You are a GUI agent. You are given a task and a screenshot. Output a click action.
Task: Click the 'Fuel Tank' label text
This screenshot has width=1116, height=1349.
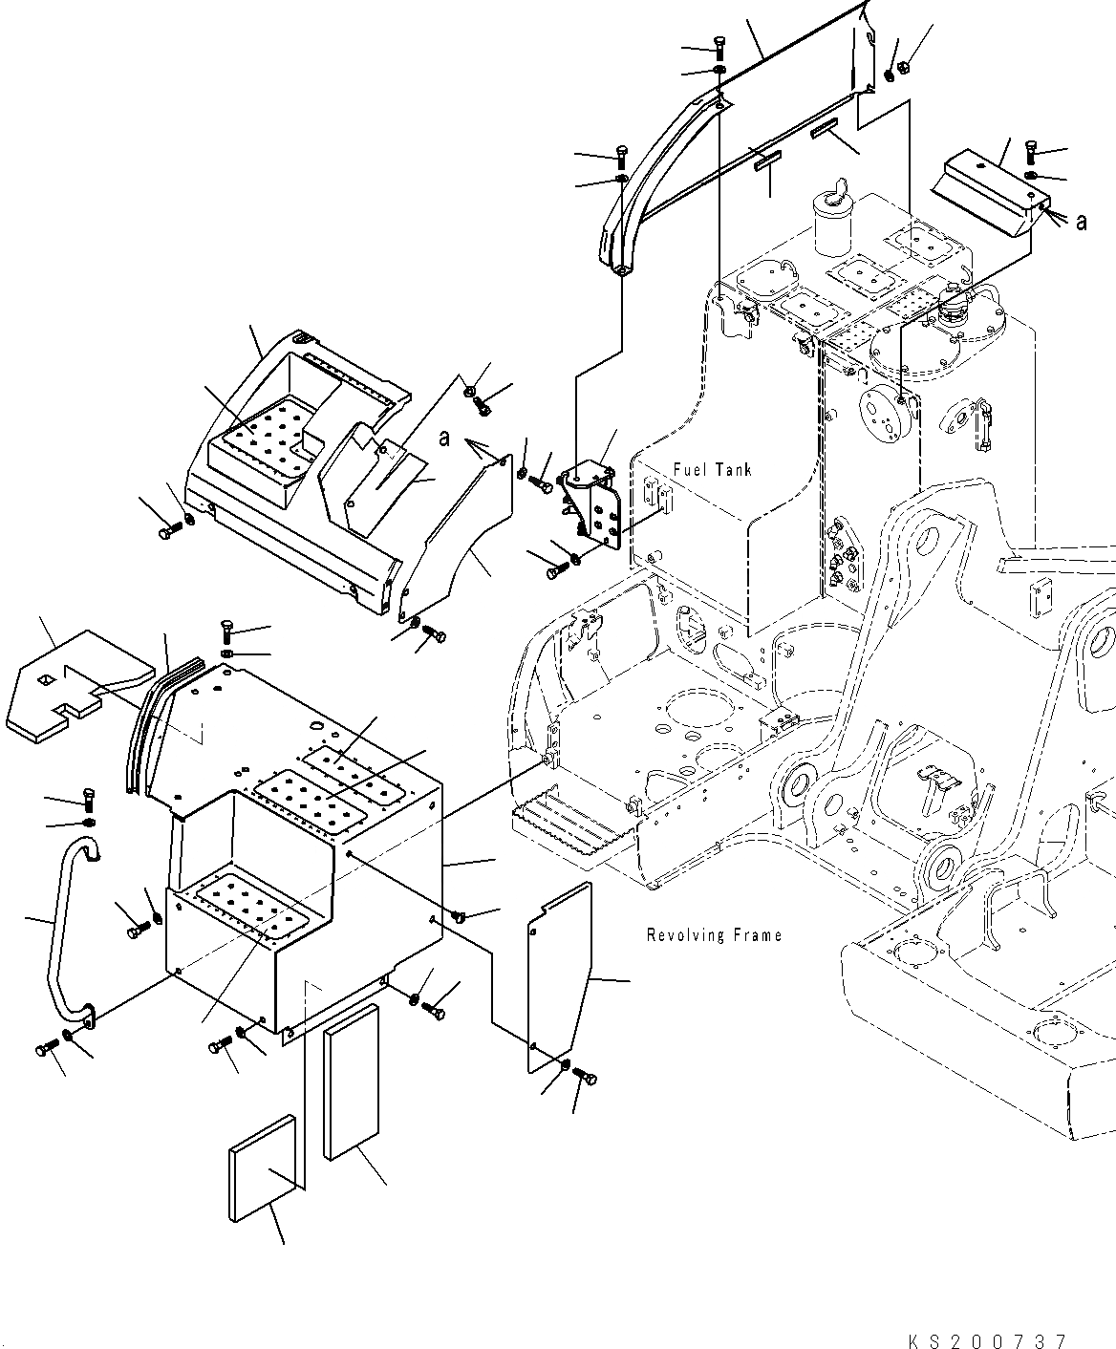712,469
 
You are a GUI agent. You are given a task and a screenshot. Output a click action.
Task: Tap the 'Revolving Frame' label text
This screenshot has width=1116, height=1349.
714,935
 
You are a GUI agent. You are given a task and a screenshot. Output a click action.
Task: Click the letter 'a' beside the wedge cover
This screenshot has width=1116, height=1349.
1081,222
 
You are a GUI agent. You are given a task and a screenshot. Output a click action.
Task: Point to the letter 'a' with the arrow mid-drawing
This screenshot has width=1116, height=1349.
445,438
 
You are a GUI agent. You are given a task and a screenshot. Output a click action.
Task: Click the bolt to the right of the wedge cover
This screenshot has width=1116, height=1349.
1032,151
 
